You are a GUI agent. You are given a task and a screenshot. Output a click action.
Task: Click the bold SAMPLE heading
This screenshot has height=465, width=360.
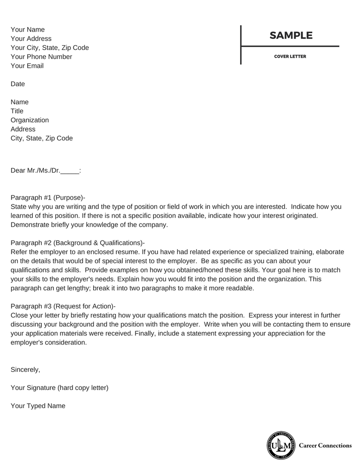[291, 36]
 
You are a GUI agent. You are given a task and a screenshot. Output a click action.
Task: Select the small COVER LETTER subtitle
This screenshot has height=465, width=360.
[290, 56]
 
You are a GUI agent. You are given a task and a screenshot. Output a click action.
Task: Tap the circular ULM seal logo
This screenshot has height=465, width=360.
[279, 445]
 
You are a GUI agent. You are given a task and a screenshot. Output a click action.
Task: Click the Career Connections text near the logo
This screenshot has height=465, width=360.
[325, 445]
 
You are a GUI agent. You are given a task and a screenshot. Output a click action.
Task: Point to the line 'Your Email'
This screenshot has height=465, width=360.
[27, 66]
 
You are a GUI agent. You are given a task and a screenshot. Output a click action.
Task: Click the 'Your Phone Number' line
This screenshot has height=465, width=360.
[41, 57]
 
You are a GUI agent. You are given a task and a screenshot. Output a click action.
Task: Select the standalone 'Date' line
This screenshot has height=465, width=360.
[18, 84]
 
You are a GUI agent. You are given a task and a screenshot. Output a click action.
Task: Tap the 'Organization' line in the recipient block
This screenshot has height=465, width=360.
[30, 120]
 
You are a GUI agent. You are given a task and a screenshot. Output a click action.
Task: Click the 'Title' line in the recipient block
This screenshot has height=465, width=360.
[17, 111]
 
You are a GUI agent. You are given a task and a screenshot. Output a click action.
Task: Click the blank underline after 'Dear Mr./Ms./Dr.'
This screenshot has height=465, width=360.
[70, 172]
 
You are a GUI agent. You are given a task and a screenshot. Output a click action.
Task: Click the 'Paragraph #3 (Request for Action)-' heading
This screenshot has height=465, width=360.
[63, 306]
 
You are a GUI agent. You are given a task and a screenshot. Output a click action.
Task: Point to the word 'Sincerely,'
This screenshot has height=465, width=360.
[25, 369]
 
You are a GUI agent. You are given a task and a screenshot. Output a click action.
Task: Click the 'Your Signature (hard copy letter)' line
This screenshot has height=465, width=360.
[59, 387]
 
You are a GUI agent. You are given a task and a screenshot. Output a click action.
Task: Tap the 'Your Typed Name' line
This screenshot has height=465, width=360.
[38, 406]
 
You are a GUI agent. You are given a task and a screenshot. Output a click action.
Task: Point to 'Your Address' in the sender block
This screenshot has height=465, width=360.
[31, 39]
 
